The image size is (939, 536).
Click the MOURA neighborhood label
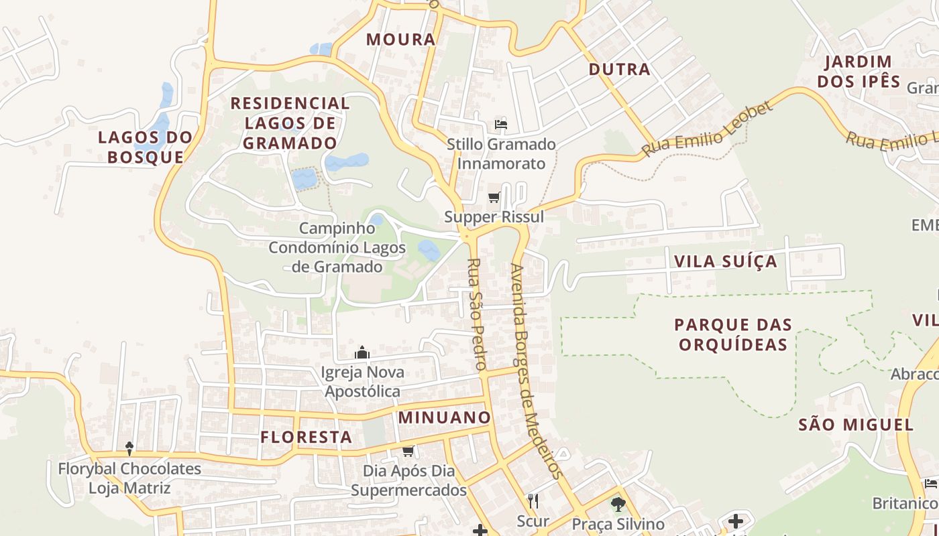(401, 40)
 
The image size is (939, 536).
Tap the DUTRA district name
(619, 69)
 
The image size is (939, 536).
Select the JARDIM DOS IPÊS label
(862, 72)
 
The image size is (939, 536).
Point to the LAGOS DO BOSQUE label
(146, 147)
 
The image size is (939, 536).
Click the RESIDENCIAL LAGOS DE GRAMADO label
(290, 123)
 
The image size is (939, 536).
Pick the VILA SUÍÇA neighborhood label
(726, 261)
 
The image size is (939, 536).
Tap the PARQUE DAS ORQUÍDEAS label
(733, 334)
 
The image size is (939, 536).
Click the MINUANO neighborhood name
(445, 417)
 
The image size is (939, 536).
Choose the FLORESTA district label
(307, 438)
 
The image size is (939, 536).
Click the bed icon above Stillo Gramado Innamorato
(501, 124)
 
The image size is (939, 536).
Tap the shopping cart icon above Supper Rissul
(494, 197)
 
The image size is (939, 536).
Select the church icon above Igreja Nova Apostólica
(362, 352)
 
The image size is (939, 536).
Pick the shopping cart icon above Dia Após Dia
(408, 451)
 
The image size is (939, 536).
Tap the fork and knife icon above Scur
(533, 500)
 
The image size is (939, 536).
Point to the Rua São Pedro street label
(476, 314)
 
